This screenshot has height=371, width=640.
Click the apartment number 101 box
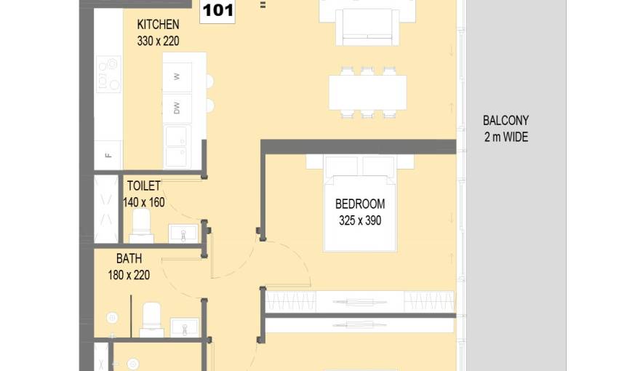(217, 12)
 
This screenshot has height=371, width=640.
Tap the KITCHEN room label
(158, 25)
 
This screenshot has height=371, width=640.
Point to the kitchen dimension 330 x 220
(158, 41)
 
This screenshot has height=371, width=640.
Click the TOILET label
(144, 185)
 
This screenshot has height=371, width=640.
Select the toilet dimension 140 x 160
(144, 202)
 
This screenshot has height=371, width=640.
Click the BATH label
(129, 258)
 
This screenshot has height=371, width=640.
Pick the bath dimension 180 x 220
(129, 275)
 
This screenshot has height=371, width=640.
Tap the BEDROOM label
(360, 204)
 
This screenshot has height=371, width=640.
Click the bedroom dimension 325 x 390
(360, 220)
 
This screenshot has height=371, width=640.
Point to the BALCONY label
(505, 121)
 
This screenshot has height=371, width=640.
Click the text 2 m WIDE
(506, 137)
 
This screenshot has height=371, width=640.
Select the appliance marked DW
(177, 108)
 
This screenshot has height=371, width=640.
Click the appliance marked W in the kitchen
(177, 76)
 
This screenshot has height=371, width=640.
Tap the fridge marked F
(108, 155)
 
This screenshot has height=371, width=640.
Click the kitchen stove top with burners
(108, 74)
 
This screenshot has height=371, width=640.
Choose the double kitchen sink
(177, 146)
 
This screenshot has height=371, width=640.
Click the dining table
(368, 92)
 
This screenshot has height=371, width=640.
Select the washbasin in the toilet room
(183, 234)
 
